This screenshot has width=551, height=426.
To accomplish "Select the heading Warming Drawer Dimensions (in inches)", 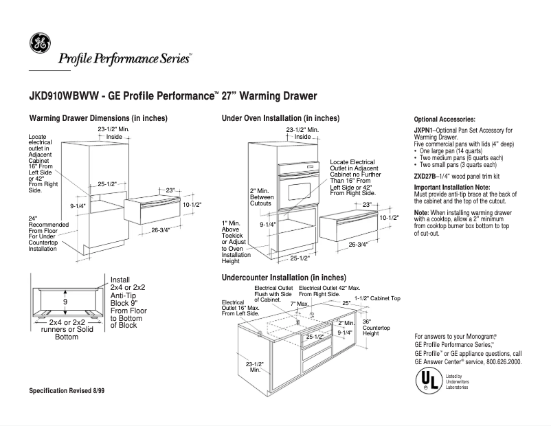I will [x=98, y=118].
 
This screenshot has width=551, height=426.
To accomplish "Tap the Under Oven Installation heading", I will [x=280, y=118].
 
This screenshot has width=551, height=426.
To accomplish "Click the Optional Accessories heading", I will [x=445, y=119].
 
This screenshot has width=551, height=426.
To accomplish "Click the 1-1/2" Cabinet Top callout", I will [x=377, y=298].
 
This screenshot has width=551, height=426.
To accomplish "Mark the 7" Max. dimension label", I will [x=299, y=303].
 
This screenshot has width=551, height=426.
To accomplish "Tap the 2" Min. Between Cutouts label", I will [x=262, y=197].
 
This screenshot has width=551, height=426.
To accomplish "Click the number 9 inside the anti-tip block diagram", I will [x=65, y=302].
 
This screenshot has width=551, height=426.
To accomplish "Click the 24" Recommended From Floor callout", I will [x=45, y=234].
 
